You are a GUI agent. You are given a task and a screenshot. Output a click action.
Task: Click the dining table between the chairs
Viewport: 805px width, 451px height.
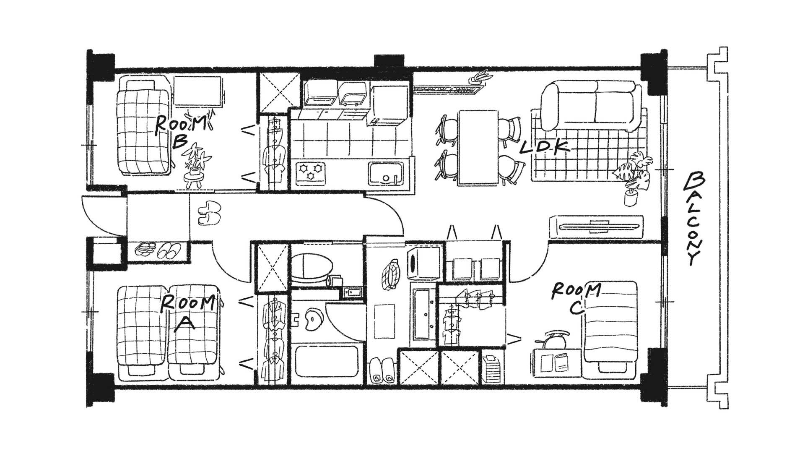click(478, 147)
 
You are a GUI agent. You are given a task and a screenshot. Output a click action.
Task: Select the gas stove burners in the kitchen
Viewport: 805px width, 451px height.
click(311, 172)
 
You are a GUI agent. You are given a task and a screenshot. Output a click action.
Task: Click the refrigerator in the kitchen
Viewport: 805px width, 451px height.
click(388, 105)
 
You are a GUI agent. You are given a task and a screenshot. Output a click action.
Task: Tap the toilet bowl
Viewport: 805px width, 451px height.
click(312, 269)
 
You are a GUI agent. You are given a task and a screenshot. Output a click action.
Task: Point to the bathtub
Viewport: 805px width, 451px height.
click(327, 361)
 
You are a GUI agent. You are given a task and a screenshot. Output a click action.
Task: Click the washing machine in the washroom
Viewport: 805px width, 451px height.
click(423, 262)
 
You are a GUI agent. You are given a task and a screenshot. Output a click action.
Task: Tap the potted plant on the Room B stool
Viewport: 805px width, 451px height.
click(197, 159)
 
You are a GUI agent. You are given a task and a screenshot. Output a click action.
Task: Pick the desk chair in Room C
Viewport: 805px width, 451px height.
click(555, 339)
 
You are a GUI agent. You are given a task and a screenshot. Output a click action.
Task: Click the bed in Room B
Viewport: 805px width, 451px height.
click(144, 125)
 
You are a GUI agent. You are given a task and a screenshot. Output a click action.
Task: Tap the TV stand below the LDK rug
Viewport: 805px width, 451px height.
click(596, 227)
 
